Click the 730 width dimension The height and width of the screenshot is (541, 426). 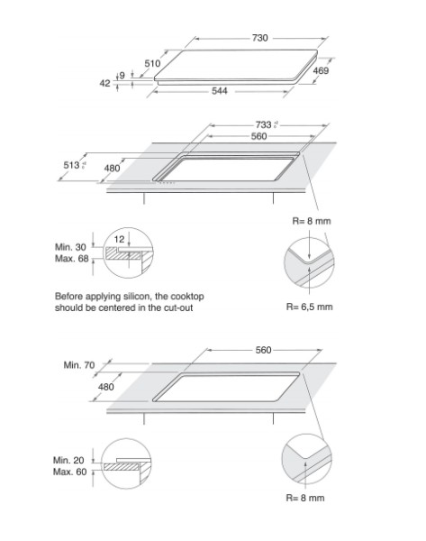(x=260, y=39)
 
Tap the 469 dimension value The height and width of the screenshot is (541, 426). (x=322, y=70)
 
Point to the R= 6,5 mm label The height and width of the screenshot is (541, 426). (x=310, y=307)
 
